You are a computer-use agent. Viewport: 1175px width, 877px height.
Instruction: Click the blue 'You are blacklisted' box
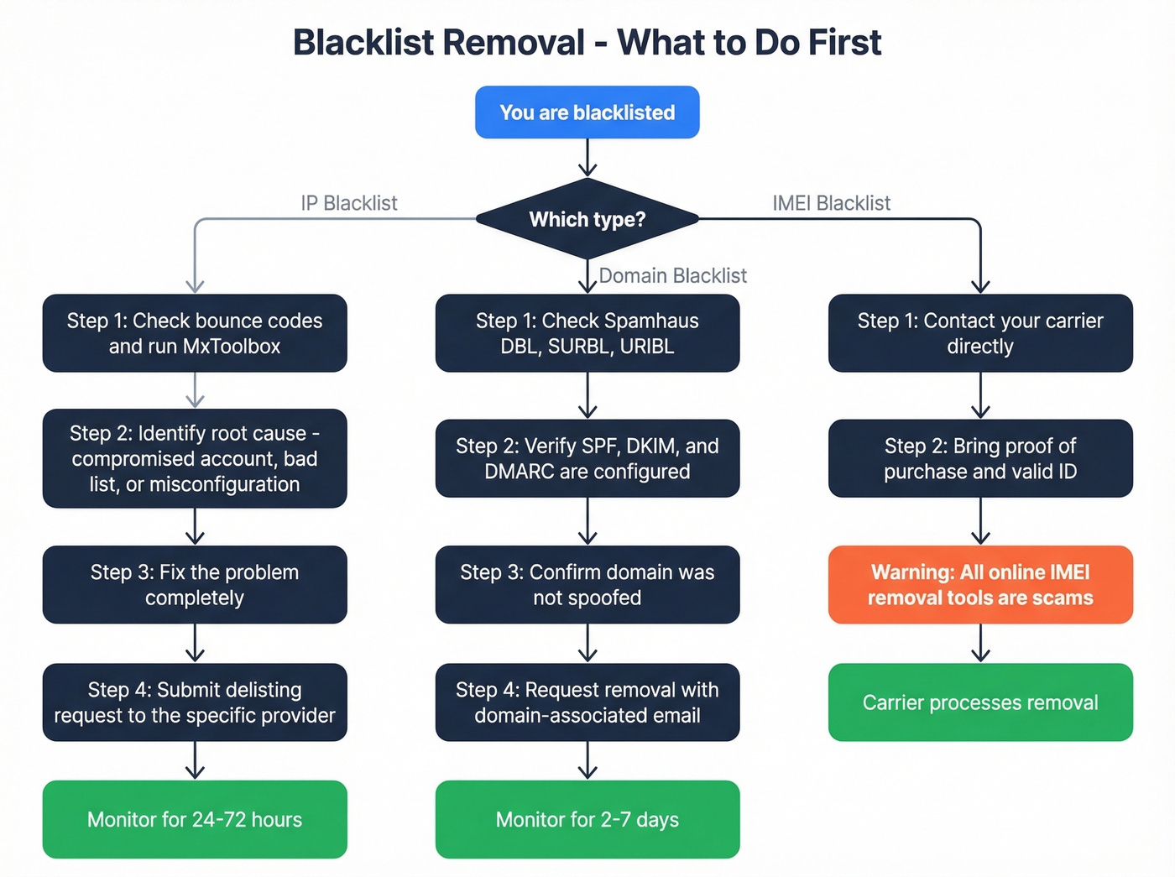[587, 112]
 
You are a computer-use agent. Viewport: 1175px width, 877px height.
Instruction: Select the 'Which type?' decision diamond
[587, 219]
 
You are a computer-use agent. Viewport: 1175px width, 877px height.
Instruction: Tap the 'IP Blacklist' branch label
[349, 203]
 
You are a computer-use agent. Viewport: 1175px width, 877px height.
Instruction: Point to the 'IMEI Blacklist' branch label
[831, 203]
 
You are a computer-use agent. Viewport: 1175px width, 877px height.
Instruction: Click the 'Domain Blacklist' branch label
[672, 275]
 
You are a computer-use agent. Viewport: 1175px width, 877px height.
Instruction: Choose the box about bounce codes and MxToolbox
[195, 333]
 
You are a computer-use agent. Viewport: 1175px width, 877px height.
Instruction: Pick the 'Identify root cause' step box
[195, 458]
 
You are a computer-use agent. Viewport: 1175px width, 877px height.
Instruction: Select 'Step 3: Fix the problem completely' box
[195, 585]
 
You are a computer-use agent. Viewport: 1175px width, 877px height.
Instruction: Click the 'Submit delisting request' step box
[195, 702]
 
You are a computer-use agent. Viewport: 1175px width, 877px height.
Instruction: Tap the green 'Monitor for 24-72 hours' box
[195, 819]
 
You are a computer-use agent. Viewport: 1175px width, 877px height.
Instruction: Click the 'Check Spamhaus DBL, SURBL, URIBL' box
[587, 333]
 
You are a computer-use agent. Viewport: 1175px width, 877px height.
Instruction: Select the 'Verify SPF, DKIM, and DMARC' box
[587, 458]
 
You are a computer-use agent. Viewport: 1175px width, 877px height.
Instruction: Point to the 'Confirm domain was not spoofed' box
[587, 585]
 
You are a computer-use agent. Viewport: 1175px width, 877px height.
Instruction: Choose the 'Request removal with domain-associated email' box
[587, 702]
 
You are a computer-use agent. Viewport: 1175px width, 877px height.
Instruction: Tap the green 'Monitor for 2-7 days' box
[587, 819]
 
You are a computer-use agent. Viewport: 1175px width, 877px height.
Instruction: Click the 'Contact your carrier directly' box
[980, 333]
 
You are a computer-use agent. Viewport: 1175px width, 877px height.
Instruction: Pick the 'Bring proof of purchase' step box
[980, 458]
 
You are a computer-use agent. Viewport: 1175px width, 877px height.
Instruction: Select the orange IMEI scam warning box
[980, 585]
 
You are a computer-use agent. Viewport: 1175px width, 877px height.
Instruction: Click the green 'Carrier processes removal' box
[980, 702]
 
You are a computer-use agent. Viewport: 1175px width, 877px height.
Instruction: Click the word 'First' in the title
[844, 43]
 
